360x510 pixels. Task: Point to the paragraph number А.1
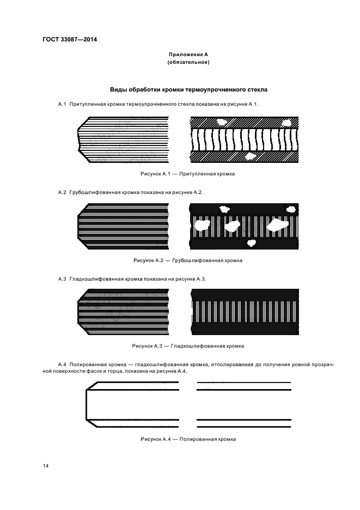click(62, 104)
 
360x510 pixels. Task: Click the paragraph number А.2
click(62, 192)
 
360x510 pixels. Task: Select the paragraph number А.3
click(62, 279)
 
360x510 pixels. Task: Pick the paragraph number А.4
click(62, 363)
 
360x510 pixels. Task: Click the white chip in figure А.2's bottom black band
click(251, 242)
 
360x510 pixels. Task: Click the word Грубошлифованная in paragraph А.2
click(94, 192)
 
